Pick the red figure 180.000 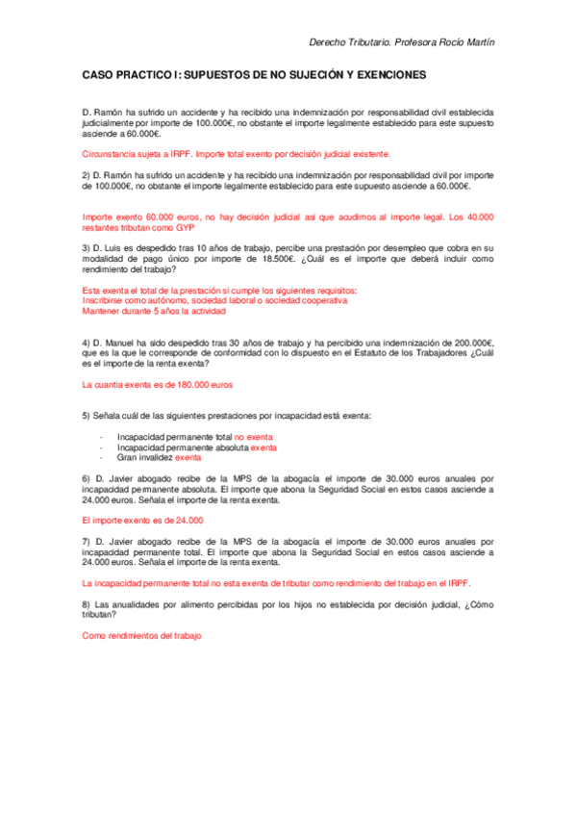[194, 384]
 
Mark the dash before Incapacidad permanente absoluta [102, 447]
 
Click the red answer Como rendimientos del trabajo [142, 636]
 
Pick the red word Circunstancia [111, 154]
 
